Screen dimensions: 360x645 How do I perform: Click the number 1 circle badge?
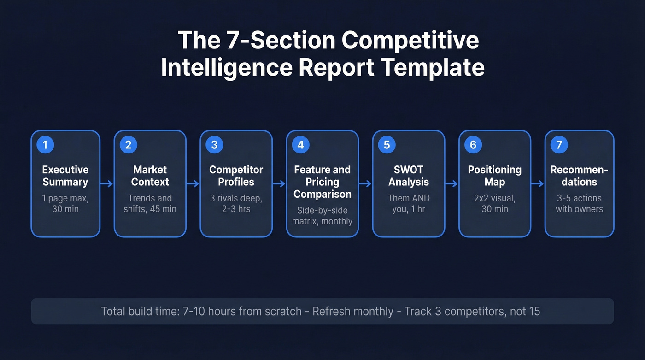[45, 145]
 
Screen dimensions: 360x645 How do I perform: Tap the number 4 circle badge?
[300, 145]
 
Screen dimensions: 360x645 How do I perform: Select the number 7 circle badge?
[559, 145]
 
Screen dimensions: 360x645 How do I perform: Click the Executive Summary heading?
[65, 176]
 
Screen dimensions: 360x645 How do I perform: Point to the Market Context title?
[150, 176]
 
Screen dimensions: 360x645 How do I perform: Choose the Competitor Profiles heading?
[236, 176]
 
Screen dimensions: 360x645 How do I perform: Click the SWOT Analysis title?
[408, 176]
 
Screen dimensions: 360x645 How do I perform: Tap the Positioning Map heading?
[494, 176]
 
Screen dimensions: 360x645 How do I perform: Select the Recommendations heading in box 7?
[579, 176]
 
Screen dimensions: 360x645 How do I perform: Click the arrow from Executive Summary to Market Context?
[107, 184]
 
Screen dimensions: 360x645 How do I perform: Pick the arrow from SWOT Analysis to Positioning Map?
[451, 184]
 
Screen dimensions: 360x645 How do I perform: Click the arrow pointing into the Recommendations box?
[538, 184]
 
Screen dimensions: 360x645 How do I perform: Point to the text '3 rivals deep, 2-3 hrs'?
[236, 203]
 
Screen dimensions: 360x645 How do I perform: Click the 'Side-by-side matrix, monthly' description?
[322, 216]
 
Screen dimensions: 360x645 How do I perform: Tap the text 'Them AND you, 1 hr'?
[408, 203]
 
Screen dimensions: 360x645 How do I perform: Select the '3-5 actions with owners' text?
[579, 203]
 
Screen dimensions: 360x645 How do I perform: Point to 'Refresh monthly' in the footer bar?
[352, 311]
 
